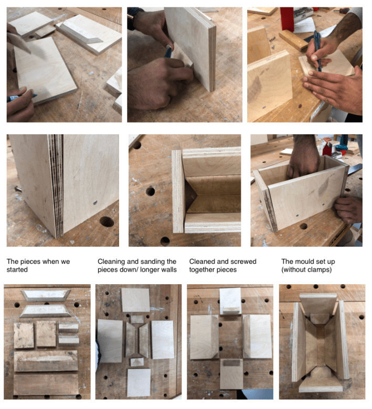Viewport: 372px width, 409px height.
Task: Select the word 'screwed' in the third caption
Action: coord(245,261)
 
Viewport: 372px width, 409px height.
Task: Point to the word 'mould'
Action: coord(304,261)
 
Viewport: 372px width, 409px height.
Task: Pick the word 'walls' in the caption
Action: coord(168,270)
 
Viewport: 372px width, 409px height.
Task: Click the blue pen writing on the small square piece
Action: coord(317,51)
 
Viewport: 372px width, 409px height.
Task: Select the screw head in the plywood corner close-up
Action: coord(95,202)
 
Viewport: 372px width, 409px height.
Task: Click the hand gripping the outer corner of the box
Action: coord(348,209)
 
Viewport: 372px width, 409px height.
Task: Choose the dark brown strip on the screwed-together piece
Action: coord(231,363)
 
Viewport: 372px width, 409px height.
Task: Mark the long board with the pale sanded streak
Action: coord(46,360)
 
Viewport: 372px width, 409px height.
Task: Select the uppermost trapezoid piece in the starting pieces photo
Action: coord(46,295)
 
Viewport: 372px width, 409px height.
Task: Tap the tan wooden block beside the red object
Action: coord(293,39)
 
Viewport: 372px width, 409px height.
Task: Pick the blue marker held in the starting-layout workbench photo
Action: coord(19,98)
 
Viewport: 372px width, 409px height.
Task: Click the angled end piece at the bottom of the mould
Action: coord(321,386)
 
